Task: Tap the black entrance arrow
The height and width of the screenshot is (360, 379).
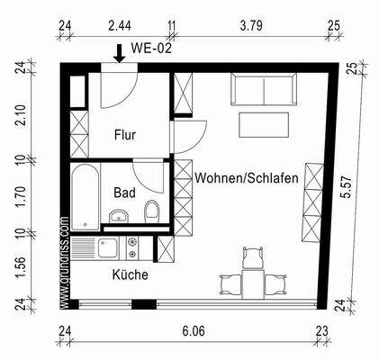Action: pyautogui.click(x=119, y=53)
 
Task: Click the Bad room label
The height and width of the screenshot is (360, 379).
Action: pyautogui.click(x=124, y=192)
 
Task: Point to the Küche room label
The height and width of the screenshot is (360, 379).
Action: pyautogui.click(x=130, y=275)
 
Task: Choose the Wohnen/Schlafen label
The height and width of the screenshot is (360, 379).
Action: pyautogui.click(x=247, y=179)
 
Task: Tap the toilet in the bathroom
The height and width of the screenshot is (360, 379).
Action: pyautogui.click(x=151, y=212)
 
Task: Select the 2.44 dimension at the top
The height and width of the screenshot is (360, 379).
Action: pyautogui.click(x=119, y=27)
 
